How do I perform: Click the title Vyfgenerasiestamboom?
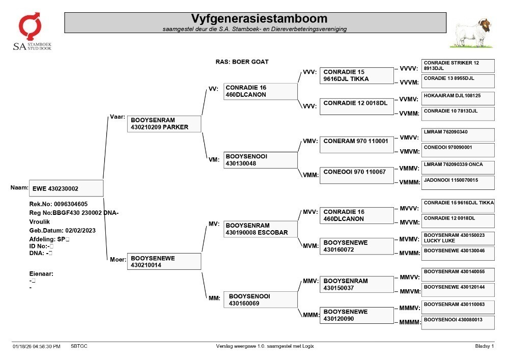click(259, 18)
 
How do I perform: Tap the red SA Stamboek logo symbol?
click(30, 26)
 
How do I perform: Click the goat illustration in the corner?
click(471, 33)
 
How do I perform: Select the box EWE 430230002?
click(66, 188)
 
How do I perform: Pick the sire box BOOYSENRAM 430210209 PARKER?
click(164, 124)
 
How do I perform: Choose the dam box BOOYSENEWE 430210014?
click(164, 261)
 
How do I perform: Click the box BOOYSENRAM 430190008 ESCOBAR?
click(260, 229)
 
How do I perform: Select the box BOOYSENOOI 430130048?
click(260, 160)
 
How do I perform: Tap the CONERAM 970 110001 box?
click(357, 145)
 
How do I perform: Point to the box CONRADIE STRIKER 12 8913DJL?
click(458, 66)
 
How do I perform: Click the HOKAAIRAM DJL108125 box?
click(458, 98)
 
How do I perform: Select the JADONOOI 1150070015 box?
click(458, 183)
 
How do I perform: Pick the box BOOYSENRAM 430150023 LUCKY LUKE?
click(458, 238)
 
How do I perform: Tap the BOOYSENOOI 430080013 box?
click(458, 323)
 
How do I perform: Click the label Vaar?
click(118, 117)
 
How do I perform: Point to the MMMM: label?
click(410, 322)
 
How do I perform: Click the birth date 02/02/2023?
click(80, 231)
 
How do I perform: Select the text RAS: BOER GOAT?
click(242, 62)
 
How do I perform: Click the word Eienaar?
click(41, 273)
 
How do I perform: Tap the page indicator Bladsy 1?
click(485, 346)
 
